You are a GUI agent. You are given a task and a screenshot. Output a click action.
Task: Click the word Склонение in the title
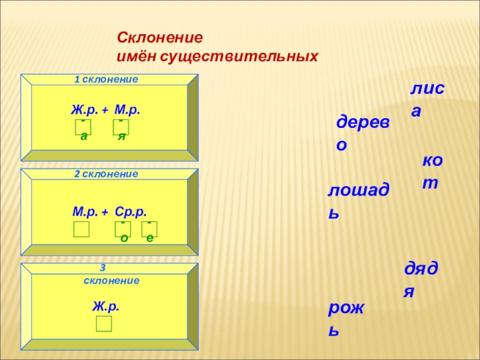160,37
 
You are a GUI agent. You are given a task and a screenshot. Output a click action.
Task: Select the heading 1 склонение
106,79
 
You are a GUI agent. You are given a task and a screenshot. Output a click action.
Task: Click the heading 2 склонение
106,174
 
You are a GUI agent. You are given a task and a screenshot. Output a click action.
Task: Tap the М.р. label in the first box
127,110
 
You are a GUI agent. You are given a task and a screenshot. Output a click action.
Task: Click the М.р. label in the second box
86,211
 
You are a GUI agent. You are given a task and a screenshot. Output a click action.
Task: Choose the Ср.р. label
131,211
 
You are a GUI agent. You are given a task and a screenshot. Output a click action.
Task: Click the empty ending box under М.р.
81,229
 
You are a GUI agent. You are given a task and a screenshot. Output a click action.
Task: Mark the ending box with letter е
149,229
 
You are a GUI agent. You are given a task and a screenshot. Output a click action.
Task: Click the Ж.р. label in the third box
106,306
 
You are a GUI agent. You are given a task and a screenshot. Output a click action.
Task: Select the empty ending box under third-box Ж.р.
104,324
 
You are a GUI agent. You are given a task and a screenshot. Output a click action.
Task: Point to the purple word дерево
362,133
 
